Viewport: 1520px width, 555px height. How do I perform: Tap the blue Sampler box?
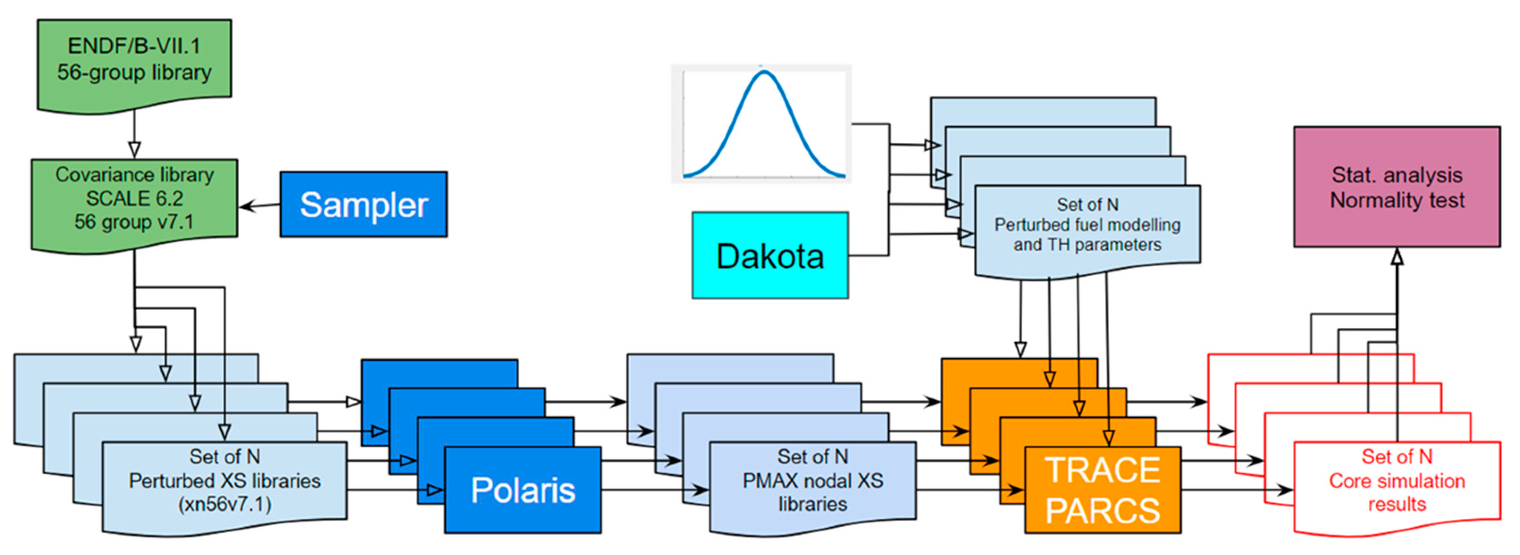(x=363, y=204)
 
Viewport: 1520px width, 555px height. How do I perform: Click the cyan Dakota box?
(x=770, y=255)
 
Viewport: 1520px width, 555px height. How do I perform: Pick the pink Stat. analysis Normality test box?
(x=1397, y=186)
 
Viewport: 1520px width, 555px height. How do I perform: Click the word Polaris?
(x=523, y=490)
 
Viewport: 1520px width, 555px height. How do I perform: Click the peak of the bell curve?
(x=764, y=72)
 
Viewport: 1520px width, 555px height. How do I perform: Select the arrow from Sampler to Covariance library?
(x=259, y=206)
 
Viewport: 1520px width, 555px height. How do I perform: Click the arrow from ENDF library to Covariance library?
(x=134, y=134)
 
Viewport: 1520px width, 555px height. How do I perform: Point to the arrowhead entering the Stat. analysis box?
(x=1397, y=256)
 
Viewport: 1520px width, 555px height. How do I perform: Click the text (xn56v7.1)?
(x=225, y=504)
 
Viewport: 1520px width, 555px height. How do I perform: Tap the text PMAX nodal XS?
(x=813, y=480)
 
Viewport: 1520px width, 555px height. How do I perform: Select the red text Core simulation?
(x=1397, y=480)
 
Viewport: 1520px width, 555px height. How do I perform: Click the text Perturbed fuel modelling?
(x=1087, y=225)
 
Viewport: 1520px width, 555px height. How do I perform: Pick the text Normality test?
(x=1397, y=200)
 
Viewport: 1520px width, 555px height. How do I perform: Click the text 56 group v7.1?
(x=134, y=222)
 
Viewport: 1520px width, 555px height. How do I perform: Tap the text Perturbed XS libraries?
(x=225, y=480)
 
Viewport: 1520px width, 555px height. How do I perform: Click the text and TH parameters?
(x=1087, y=245)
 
